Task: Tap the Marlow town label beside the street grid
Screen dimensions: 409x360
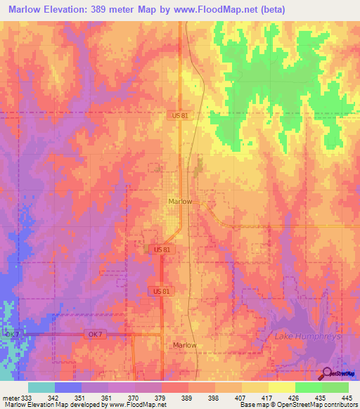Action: [x=180, y=201]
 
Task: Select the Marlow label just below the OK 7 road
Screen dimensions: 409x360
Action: [x=185, y=345]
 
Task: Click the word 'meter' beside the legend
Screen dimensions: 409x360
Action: [x=11, y=397]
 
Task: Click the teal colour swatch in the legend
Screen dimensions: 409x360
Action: [x=41, y=387]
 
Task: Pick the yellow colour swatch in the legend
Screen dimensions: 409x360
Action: [x=281, y=387]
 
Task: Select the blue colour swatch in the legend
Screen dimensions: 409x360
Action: [x=68, y=387]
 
